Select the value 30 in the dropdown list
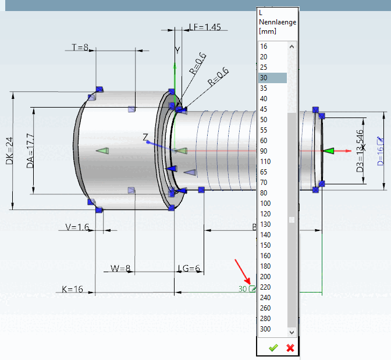264,78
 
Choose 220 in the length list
265,287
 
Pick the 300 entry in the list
265,329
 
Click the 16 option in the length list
264,47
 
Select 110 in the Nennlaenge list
265,162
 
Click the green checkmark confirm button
273,348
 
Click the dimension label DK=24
9,150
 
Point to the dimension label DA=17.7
30,151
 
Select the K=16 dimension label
72,289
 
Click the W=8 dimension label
121,269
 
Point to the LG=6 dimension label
189,269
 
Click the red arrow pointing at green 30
241,273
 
